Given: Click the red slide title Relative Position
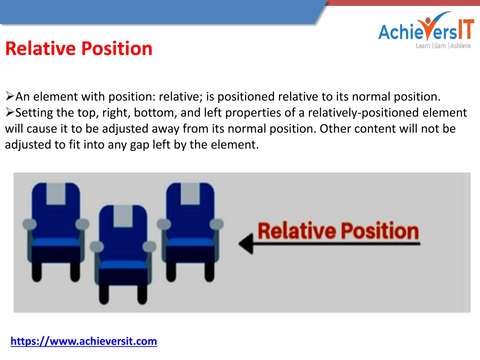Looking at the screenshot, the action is pos(79,48).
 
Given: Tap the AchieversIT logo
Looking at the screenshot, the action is pos(426,30).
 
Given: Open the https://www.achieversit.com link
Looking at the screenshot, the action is pos(83,341).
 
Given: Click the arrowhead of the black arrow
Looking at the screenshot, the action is pos(246,244).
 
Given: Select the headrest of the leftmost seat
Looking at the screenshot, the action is pos(56,194).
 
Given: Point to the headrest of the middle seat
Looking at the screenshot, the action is pos(123,216).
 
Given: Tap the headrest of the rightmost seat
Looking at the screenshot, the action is pos(190,194).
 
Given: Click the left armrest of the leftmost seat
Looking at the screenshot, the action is pos(30,224).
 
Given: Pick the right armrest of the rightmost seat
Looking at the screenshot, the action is pos(217,224).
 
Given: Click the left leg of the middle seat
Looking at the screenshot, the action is pos(104,294).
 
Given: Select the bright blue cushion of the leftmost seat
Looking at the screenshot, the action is pos(56,242).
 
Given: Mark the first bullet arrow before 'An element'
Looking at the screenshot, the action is pos(10,96).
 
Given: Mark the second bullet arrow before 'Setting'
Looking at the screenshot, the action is pos(10,112).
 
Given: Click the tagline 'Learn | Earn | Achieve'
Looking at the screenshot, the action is pos(443,45).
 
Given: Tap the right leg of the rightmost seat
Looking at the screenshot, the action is pos(210,272).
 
